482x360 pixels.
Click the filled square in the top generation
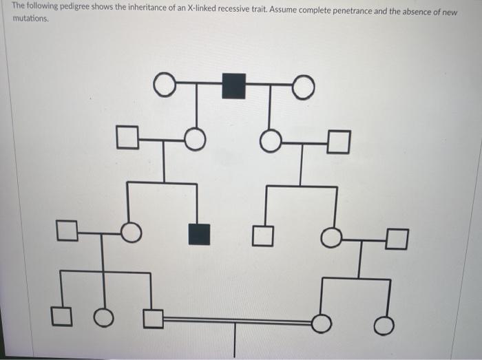click(x=233, y=85)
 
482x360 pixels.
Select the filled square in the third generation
click(x=199, y=234)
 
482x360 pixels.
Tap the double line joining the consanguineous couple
click(x=234, y=320)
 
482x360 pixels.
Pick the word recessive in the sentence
click(x=246, y=6)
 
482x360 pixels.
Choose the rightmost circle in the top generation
click(x=304, y=87)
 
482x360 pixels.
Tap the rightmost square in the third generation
click(x=397, y=238)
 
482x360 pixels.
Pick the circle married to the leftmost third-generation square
click(x=132, y=233)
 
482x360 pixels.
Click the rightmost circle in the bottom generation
click(x=385, y=324)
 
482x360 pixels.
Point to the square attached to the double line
click(x=154, y=319)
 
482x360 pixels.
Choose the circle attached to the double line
click(x=322, y=322)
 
